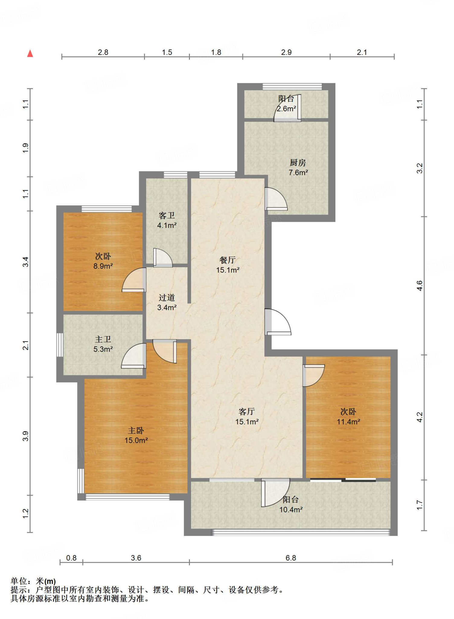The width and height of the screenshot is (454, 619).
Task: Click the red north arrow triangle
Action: [x=30, y=53]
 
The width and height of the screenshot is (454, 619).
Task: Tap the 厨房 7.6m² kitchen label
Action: [x=298, y=167]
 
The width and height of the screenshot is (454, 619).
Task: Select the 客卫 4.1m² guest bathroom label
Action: [x=167, y=220]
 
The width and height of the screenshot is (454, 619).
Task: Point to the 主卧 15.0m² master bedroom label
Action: [x=136, y=435]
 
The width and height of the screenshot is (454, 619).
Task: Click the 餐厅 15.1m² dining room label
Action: [x=228, y=265]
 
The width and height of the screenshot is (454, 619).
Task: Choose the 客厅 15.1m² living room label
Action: [x=247, y=416]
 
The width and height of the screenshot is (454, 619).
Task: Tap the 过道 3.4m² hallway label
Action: [x=167, y=302]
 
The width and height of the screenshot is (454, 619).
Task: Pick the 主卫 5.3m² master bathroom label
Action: [x=103, y=344]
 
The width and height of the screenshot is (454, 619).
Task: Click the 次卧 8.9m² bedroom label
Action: [x=103, y=261]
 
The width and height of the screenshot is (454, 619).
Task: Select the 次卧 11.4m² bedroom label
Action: [x=348, y=416]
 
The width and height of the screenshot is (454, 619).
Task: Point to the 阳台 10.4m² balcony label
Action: [x=291, y=504]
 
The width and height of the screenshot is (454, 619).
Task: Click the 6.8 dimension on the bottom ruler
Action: [x=291, y=558]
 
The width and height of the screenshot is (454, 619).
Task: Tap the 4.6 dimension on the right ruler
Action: [x=420, y=286]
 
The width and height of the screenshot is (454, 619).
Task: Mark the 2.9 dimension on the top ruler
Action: [x=286, y=52]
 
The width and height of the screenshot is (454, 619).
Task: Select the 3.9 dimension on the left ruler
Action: [x=26, y=436]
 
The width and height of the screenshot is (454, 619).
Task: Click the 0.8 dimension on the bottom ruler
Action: [x=71, y=558]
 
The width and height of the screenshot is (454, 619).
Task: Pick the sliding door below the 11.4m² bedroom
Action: [x=343, y=480]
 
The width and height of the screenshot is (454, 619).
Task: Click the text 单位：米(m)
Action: [x=33, y=581]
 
